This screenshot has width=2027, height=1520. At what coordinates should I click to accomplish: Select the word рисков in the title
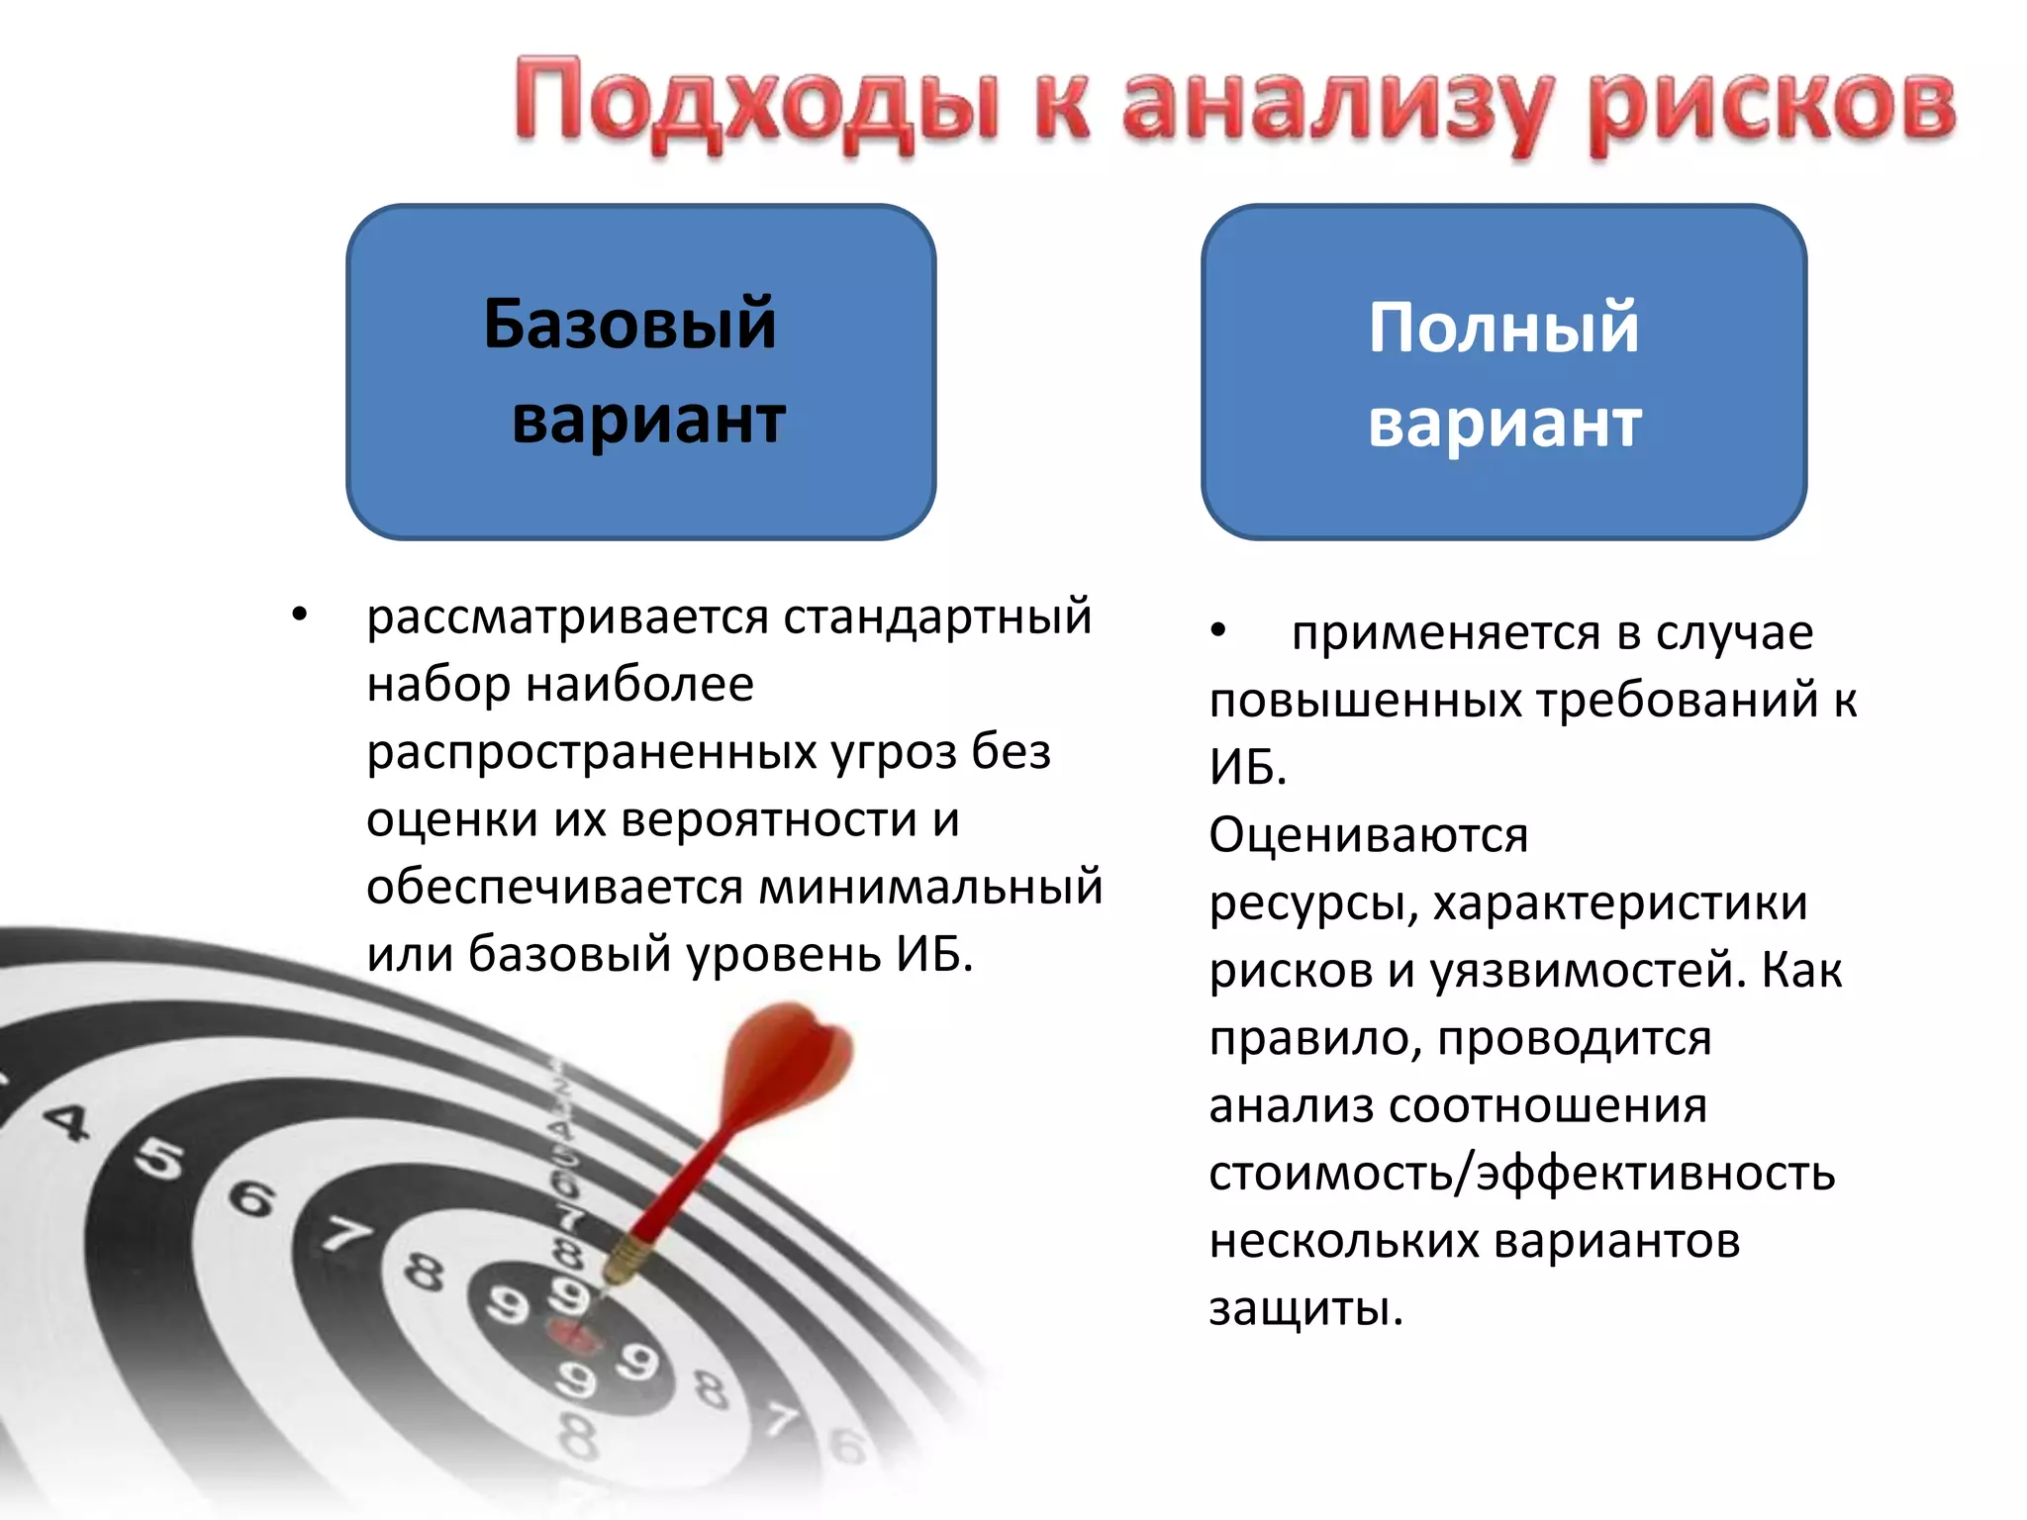pyautogui.click(x=1772, y=107)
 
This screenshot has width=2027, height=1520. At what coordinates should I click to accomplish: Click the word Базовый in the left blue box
pyautogui.click(x=629, y=324)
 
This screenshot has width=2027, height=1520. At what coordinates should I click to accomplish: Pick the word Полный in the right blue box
pyautogui.click(x=1503, y=328)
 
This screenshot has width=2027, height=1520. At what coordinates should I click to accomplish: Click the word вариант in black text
pyautogui.click(x=648, y=421)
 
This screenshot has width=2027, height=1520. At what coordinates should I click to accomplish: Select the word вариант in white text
pyautogui.click(x=1504, y=424)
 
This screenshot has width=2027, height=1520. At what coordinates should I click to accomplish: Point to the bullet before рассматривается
pyautogui.click(x=300, y=616)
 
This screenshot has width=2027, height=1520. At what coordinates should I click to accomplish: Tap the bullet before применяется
pyautogui.click(x=1218, y=630)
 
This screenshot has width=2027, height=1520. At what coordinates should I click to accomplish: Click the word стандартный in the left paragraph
pyautogui.click(x=937, y=617)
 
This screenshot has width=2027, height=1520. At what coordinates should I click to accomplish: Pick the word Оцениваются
pyautogui.click(x=1368, y=835)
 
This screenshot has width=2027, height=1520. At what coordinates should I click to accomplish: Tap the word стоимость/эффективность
pyautogui.click(x=1521, y=1174)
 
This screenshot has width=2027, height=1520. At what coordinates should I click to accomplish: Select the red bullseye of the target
pyautogui.click(x=575, y=1338)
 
